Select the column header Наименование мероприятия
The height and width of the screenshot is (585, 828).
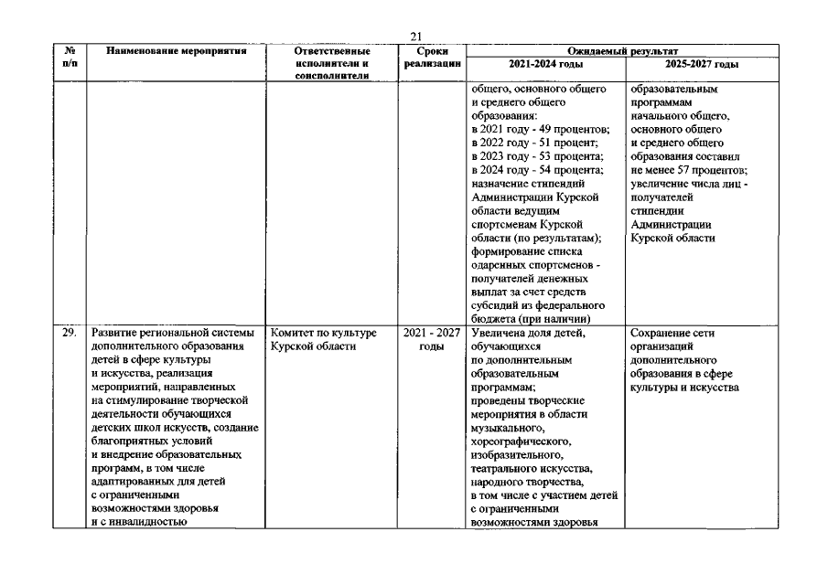point(177,52)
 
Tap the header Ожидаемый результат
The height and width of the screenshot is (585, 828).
point(621,52)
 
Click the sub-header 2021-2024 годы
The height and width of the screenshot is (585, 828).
point(544,65)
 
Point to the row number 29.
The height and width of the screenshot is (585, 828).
point(70,333)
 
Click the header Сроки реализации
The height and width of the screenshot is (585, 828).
point(432,58)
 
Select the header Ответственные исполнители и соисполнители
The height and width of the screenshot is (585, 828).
point(331,64)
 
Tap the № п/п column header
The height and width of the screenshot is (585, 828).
point(70,58)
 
